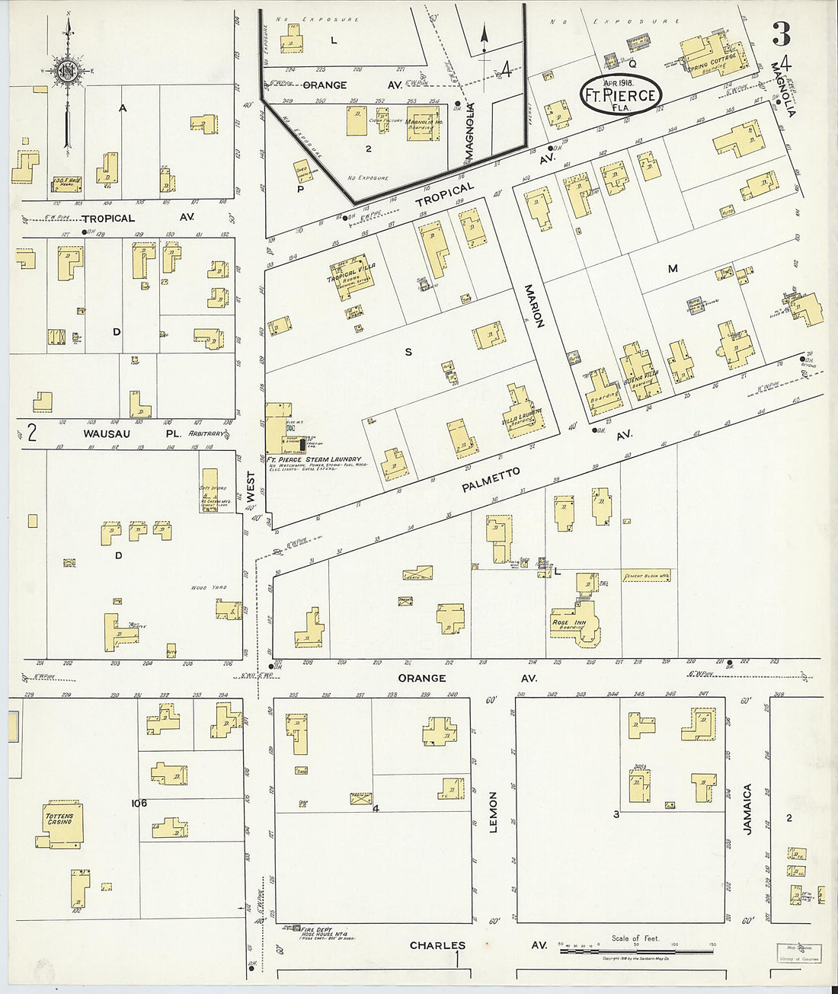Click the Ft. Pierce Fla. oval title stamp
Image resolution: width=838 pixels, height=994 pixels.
[x=621, y=94]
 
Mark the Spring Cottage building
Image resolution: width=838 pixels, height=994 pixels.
[x=712, y=56]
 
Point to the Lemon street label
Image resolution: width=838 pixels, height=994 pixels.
[x=493, y=812]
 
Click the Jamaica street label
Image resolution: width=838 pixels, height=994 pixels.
[x=747, y=809]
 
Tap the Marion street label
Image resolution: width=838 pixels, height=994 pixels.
[x=533, y=305]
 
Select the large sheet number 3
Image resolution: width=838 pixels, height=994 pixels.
[x=781, y=34]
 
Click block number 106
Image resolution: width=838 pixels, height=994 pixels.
[x=138, y=803]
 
